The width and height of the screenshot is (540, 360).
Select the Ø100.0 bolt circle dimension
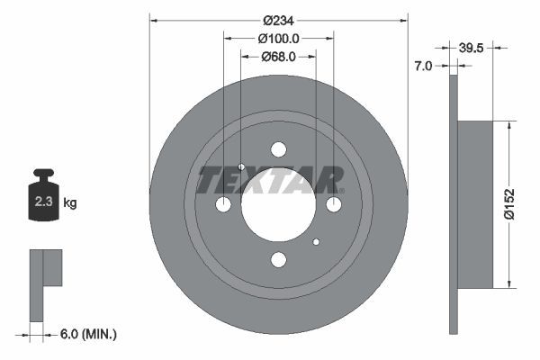(x=278, y=38)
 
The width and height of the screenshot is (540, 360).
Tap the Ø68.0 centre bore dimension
(x=278, y=57)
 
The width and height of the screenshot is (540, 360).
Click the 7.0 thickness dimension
(x=424, y=66)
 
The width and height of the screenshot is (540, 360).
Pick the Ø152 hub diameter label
(x=509, y=204)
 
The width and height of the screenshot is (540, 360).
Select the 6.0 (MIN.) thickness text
(x=88, y=334)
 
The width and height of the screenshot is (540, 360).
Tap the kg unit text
(x=70, y=203)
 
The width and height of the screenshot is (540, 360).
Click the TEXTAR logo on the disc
(x=270, y=180)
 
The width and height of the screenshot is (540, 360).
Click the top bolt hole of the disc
(x=278, y=149)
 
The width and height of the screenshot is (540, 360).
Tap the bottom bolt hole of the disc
(x=278, y=260)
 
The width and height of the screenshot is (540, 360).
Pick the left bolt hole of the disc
(x=223, y=205)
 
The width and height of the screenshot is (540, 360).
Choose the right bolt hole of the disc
(x=334, y=205)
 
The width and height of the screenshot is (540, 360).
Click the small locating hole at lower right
(x=316, y=242)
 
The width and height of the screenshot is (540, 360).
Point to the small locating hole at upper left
(x=241, y=167)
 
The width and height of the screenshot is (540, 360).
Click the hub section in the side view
(x=476, y=204)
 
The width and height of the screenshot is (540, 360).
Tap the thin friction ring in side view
(x=453, y=204)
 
